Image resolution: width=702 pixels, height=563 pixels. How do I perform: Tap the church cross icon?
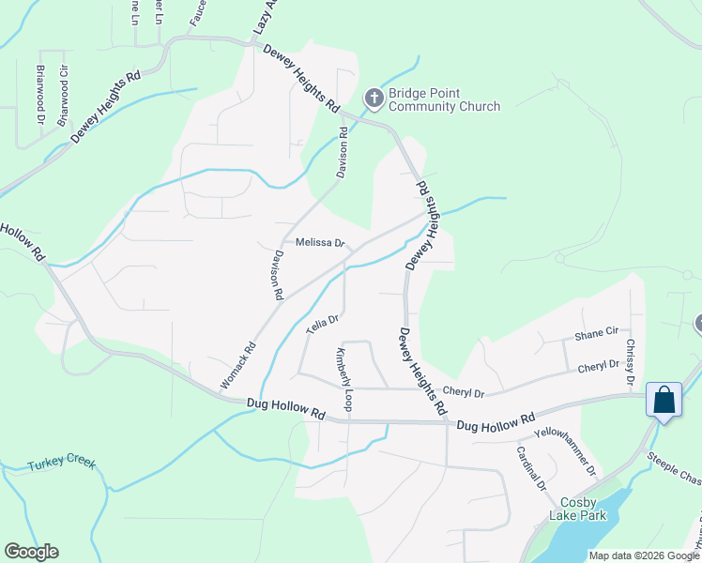[374, 97]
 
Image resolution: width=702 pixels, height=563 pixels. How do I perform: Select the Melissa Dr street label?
[321, 243]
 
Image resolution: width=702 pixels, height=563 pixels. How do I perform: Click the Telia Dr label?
[321, 325]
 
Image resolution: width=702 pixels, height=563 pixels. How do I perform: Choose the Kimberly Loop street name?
[344, 380]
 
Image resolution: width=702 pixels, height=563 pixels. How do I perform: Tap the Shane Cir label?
[596, 333]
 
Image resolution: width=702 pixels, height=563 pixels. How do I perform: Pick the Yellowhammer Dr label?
[565, 450]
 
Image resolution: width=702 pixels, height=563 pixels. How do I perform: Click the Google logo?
[31, 552]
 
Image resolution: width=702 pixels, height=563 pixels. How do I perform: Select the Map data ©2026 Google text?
[643, 555]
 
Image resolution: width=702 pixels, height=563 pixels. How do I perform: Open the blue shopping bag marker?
[664, 400]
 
